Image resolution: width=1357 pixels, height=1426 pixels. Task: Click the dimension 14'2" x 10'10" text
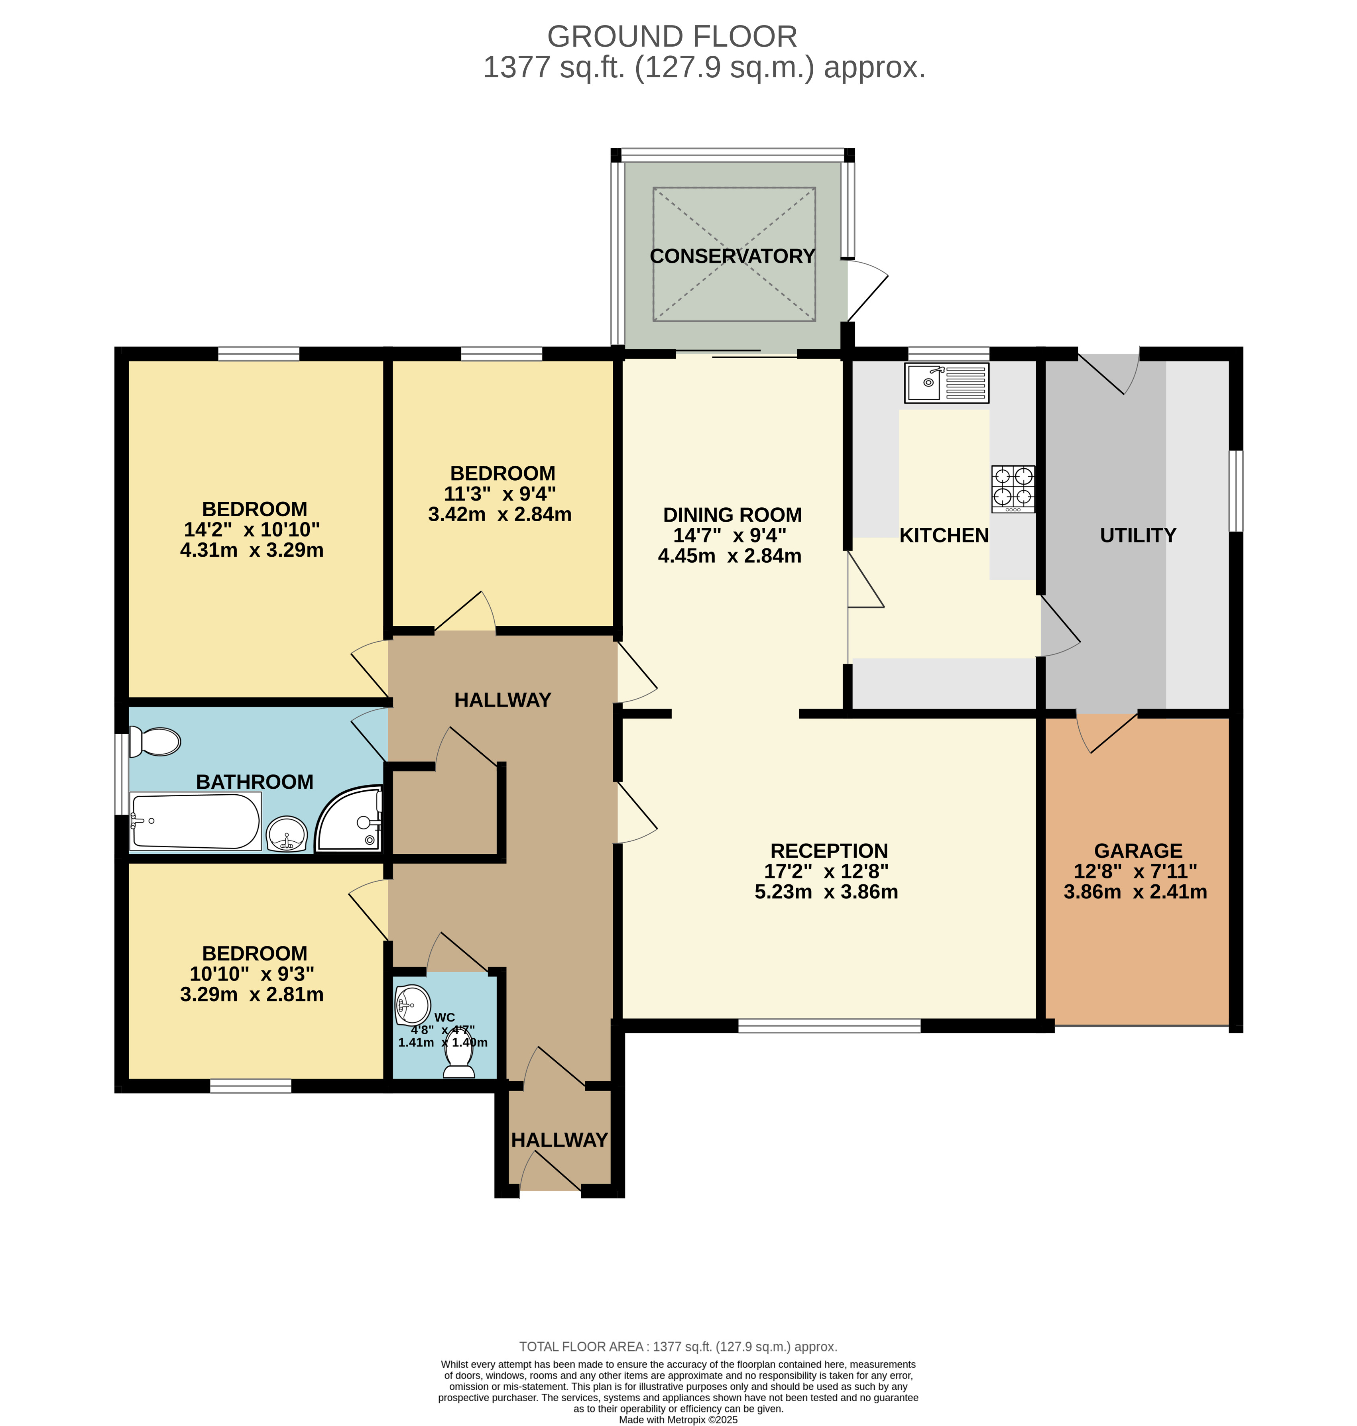click(251, 529)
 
